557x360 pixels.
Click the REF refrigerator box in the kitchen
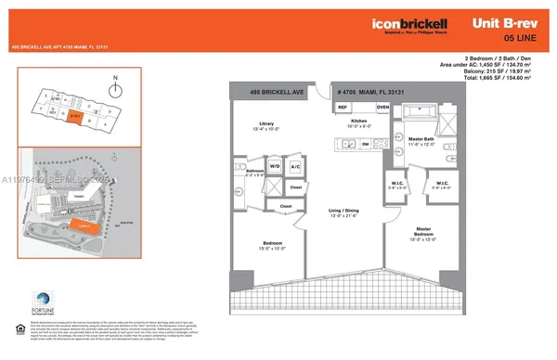(343, 108)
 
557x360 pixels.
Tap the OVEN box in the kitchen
(382, 108)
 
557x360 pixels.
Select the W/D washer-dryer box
(276, 167)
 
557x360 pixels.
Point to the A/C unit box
(295, 167)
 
